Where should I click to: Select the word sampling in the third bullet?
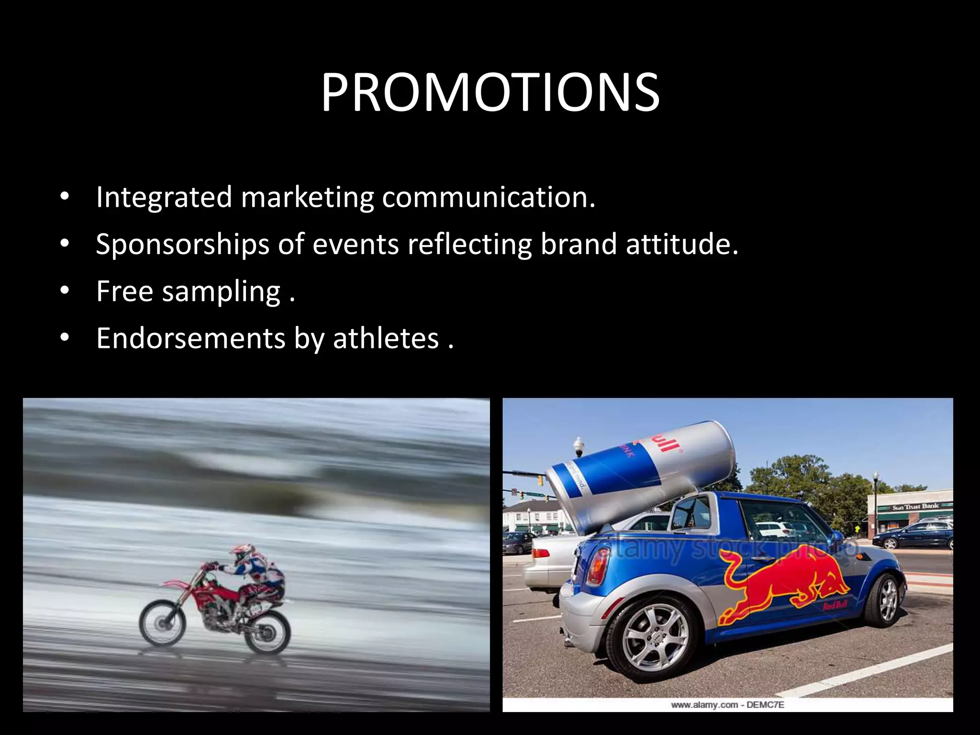221,292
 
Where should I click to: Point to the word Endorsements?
191,339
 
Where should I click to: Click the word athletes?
386,339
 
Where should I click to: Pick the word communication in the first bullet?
488,197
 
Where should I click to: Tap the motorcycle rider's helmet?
242,553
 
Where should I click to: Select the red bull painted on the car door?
785,589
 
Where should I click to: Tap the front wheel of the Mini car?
888,601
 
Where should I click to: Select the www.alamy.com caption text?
727,705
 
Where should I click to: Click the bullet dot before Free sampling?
65,291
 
